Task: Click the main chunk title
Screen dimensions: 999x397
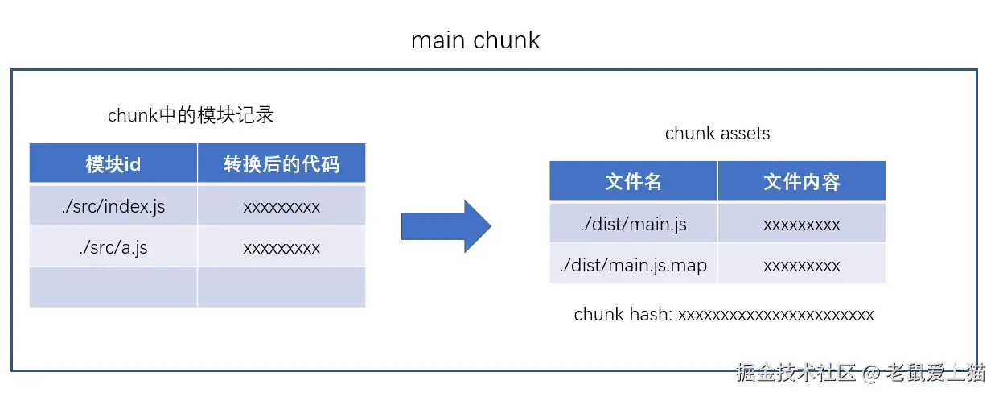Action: pos(475,40)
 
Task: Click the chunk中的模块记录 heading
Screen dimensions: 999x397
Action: pos(191,115)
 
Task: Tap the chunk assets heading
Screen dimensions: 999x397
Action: pos(717,133)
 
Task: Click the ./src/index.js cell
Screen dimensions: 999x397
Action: pos(113,205)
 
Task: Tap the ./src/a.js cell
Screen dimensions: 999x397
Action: pos(113,246)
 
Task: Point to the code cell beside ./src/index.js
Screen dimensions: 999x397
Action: pos(282,205)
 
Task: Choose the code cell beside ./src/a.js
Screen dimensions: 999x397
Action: pos(282,246)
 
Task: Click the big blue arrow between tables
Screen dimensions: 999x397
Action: pos(446,226)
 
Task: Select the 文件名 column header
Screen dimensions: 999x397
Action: pos(633,181)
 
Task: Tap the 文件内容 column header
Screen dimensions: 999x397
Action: pos(802,181)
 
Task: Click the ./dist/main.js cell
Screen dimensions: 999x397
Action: pos(633,223)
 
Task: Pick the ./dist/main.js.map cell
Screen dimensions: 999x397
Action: pos(633,264)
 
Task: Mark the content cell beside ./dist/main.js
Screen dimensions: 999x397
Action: pos(802,223)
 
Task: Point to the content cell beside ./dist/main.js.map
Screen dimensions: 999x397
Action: pos(802,264)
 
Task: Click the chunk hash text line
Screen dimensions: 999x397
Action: pos(723,314)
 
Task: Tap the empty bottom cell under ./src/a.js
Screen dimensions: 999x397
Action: pos(113,287)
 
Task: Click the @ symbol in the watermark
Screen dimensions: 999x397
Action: pos(870,373)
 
